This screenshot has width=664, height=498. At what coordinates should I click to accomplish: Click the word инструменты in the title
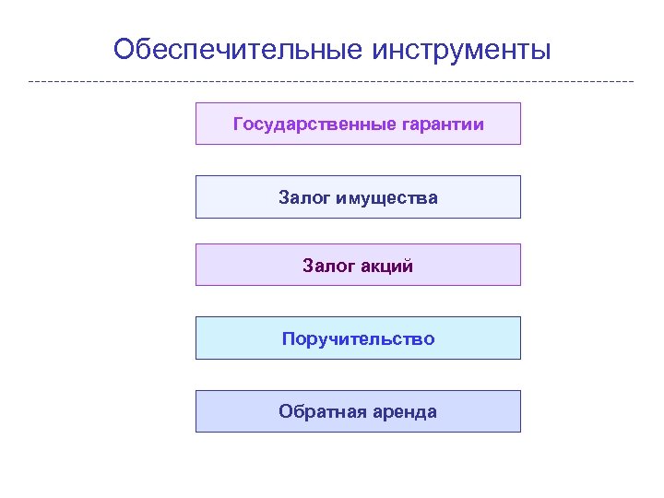pos(461,49)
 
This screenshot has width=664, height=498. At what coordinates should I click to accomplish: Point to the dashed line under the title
pos(332,82)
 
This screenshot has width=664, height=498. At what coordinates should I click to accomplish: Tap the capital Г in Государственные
pos(238,124)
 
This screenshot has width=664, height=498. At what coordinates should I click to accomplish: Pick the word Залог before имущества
pos(302,197)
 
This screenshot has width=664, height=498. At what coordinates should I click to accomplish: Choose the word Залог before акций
pos(326,267)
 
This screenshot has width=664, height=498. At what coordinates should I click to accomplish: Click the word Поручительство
pos(358,338)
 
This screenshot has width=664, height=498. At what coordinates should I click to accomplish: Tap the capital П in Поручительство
pos(288,338)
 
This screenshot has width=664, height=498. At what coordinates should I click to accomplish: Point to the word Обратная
pos(316,411)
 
